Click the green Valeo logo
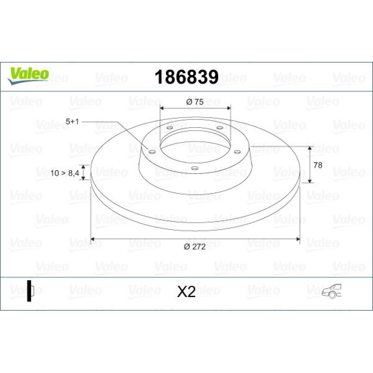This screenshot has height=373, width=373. [x=28, y=76]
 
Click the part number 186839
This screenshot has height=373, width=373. [x=186, y=77]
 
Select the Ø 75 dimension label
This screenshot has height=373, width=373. [x=195, y=102]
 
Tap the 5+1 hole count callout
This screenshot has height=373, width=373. [x=72, y=122]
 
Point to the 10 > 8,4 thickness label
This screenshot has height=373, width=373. [x=65, y=173]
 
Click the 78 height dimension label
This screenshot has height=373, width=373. [x=318, y=165]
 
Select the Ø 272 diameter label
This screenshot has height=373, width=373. [x=195, y=247]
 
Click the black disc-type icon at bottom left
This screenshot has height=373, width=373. [x=31, y=291]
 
